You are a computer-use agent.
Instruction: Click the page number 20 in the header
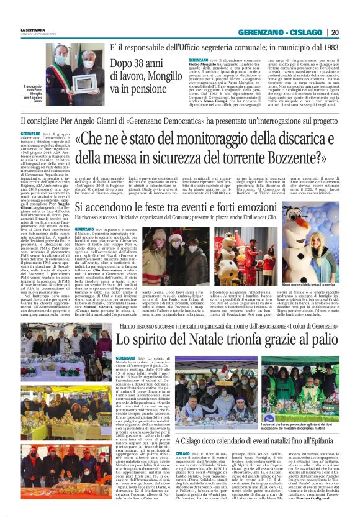(351, 32)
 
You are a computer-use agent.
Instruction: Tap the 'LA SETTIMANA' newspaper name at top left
(33, 29)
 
